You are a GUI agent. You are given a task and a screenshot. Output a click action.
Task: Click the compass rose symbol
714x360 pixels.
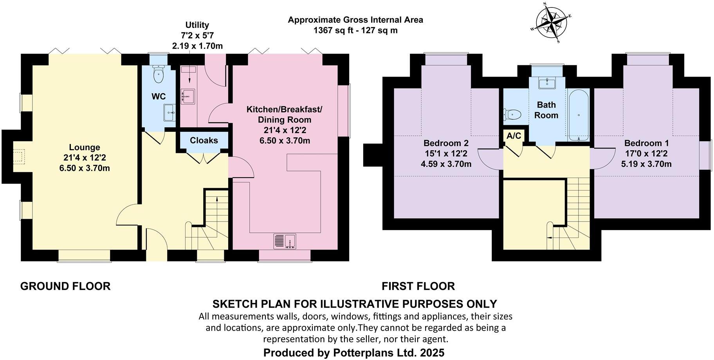pos(551,22)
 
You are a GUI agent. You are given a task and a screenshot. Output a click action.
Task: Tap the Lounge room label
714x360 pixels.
pos(85,148)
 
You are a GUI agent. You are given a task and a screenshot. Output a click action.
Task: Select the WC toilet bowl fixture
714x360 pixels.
pos(159,75)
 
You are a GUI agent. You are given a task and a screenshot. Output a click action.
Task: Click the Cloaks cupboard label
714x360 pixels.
pos(204,140)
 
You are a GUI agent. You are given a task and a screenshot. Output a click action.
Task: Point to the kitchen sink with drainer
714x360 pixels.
pos(285,241)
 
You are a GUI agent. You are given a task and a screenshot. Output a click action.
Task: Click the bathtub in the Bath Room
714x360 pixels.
pos(578,115)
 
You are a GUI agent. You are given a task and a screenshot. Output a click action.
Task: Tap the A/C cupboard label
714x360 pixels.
pos(514,136)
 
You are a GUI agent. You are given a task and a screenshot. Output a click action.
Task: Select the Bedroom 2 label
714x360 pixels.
pos(446,143)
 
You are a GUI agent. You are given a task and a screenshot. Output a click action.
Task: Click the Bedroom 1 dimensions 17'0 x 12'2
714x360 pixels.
pos(646,154)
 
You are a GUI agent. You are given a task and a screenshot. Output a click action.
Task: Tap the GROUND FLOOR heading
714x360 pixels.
pos(65,286)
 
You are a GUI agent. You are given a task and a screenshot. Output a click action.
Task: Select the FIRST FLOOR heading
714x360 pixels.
pos(418,286)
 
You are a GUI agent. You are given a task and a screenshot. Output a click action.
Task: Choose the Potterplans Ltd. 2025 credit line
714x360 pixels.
pos(354,353)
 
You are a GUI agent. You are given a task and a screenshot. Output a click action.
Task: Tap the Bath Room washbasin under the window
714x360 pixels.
pos(546,83)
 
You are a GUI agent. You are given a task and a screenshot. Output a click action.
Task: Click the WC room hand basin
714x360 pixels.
pos(170,113)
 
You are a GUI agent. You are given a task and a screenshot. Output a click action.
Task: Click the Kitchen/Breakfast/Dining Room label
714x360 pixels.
pos(285,114)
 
